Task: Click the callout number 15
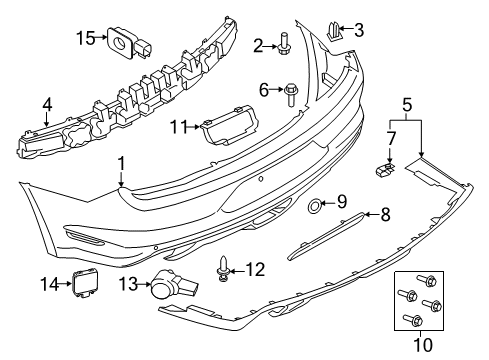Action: [x=85, y=38]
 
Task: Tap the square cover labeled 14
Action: [x=81, y=285]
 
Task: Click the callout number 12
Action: [x=257, y=267]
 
